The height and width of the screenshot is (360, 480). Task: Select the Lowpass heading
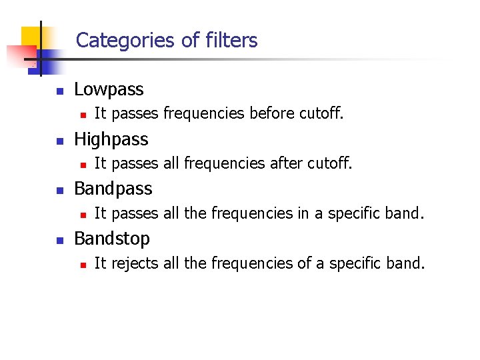tap(109, 89)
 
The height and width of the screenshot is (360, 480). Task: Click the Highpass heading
tap(111, 139)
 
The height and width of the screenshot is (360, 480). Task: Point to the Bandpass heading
tap(113, 189)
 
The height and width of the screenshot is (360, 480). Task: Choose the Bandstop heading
tap(112, 239)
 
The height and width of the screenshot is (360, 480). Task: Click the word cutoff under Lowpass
tap(321, 114)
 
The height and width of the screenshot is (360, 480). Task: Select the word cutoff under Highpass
tap(329, 163)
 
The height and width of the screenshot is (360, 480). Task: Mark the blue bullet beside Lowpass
tap(59, 91)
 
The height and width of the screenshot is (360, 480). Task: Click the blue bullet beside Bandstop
tap(59, 240)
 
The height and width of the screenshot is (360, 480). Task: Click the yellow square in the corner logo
tap(31, 37)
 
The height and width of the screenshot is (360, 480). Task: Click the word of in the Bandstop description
tap(305, 263)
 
